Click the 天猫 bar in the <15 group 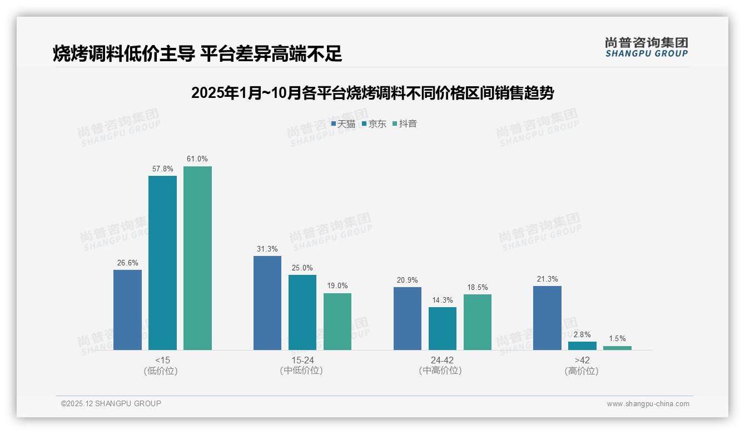pos(127,310)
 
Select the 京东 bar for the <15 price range pos(162,263)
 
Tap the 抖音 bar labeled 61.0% pos(197,258)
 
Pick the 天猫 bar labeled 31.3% pos(267,303)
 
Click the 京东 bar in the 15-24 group pos(302,312)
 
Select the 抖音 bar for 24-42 pos(477,322)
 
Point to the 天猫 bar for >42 pos(547,318)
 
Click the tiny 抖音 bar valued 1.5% pos(617,348)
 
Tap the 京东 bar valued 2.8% pos(582,346)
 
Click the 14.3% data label pos(442,300)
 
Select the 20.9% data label pos(408,280)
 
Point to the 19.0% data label pos(337,286)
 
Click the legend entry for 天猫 pos(343,124)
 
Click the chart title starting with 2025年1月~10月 pos(372,93)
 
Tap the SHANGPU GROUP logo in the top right pos(646,47)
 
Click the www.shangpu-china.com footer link pos(648,404)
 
